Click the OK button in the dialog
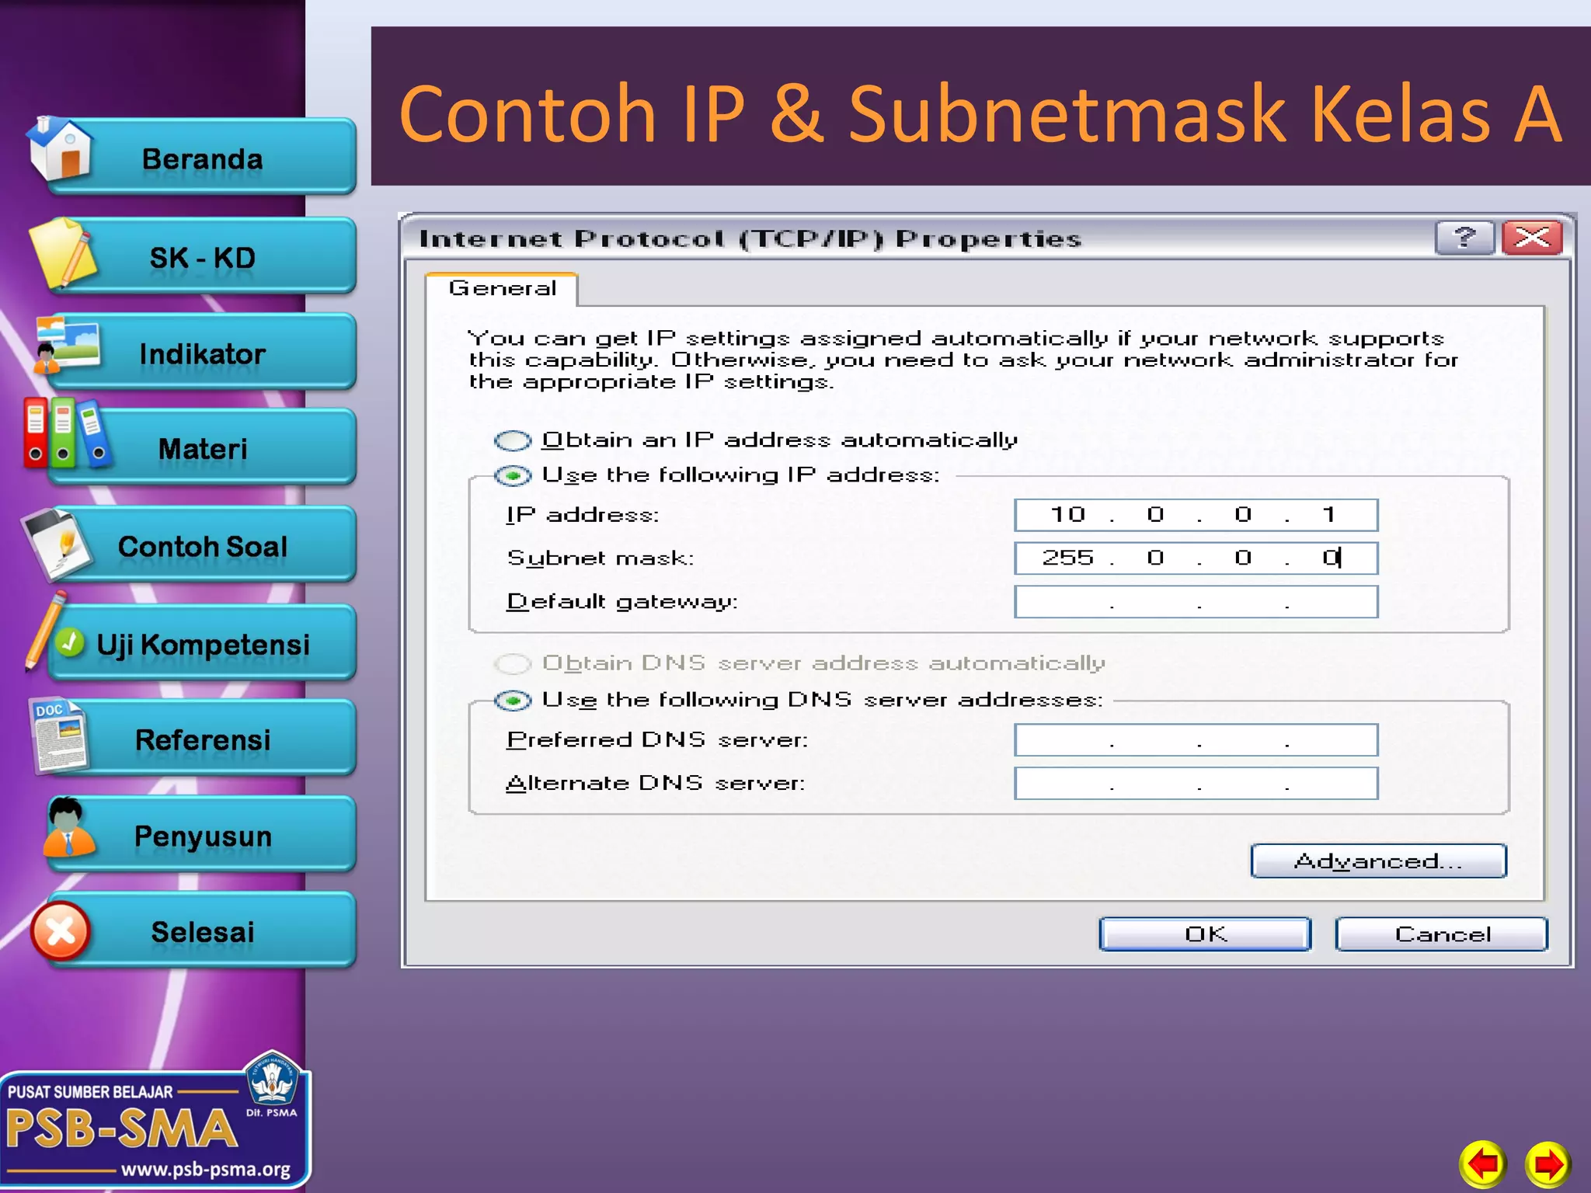pos(1205,934)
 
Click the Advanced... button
pos(1378,861)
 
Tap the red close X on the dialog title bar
pos(1532,238)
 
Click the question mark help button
pos(1464,238)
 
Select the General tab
pos(502,289)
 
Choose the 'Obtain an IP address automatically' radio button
pos(513,441)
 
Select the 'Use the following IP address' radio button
pos(513,475)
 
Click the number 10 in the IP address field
pos(1067,515)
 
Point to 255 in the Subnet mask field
pos(1067,558)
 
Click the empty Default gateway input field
pos(1196,602)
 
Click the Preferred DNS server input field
pos(1196,740)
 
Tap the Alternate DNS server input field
pos(1196,784)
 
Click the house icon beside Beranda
pos(61,149)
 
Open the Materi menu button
pos(203,449)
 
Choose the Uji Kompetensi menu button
pos(203,645)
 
